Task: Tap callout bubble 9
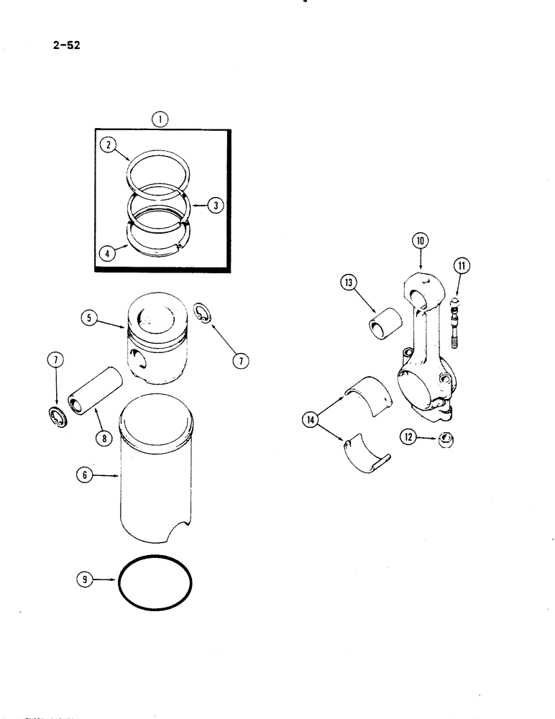[85, 578]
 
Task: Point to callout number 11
[460, 267]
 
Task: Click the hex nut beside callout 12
[444, 438]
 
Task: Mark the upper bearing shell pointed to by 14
[367, 391]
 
